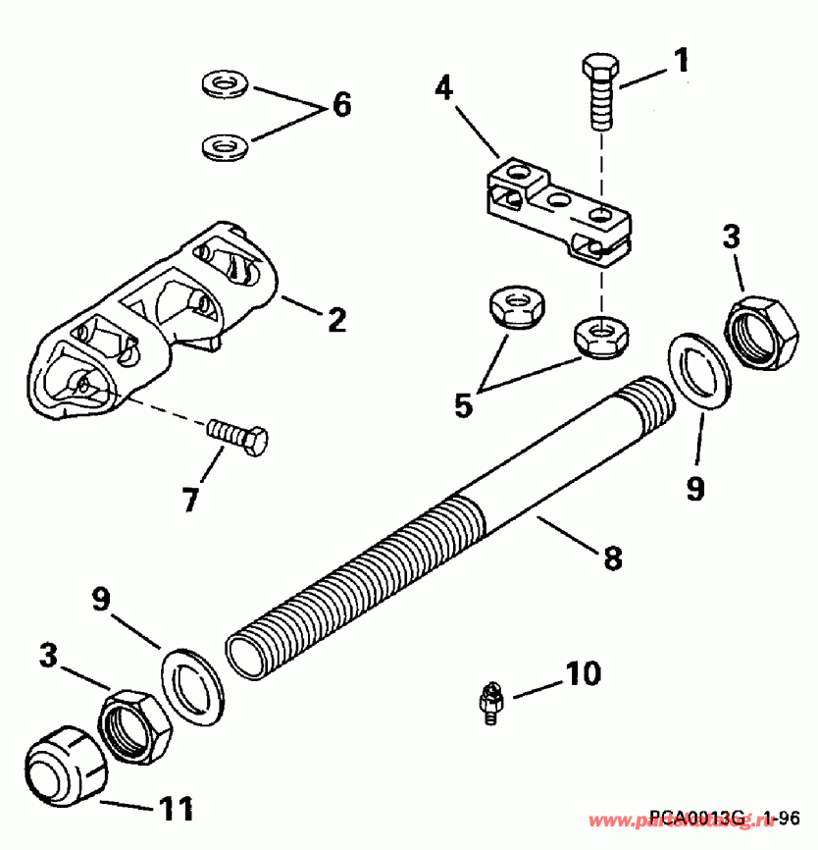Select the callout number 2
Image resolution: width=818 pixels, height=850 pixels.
coord(335,319)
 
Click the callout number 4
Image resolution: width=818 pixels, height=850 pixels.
coord(443,89)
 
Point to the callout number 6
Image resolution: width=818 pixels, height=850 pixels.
coord(340,104)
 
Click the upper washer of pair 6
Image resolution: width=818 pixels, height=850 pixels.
coord(224,83)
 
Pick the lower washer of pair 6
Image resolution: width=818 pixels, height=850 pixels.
coord(224,148)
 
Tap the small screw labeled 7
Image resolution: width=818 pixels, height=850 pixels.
coord(238,437)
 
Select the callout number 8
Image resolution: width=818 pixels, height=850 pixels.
coord(611,558)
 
